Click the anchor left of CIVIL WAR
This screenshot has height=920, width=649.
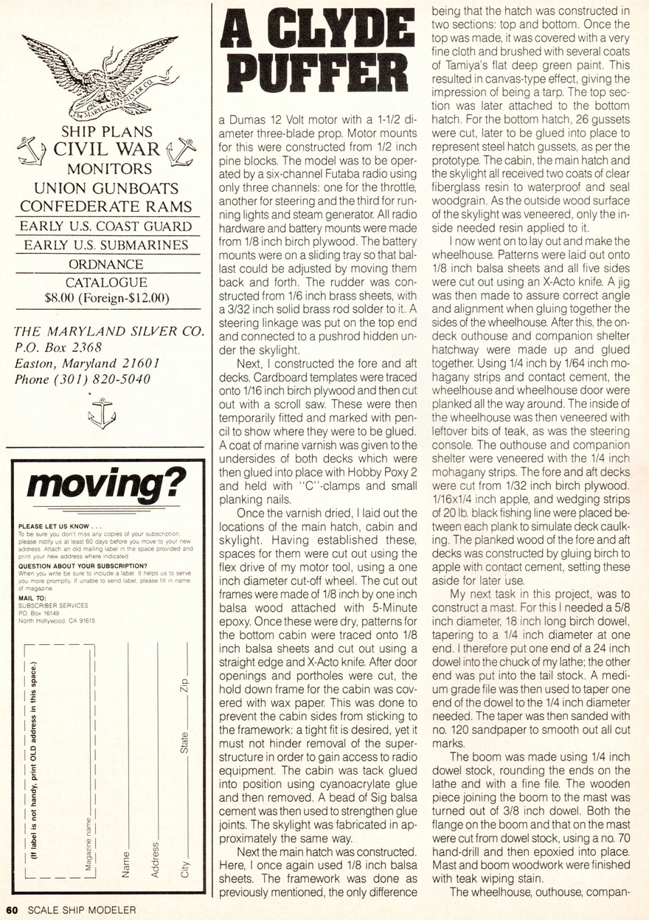point(31,151)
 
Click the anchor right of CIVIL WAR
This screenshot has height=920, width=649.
point(180,151)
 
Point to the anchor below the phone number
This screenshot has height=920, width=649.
point(101,412)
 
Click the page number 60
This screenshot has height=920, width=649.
point(13,910)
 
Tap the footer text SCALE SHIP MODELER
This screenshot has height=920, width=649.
point(82,910)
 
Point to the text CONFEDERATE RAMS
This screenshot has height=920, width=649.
point(105,206)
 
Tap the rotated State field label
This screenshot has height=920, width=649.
point(185,741)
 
